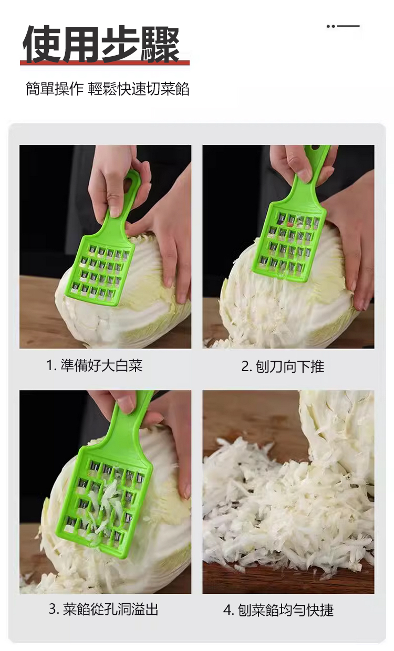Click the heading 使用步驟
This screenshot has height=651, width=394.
point(101,44)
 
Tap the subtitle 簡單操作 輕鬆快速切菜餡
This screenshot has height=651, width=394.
point(107,89)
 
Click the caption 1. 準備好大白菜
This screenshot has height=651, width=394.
point(94,365)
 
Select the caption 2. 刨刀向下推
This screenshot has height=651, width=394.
point(282,366)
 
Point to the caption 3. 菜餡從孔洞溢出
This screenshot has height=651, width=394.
point(103,609)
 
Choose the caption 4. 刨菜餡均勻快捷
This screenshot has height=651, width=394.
point(278,610)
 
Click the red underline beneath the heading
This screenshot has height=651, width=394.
point(105,63)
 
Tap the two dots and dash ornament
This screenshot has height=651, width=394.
point(343,26)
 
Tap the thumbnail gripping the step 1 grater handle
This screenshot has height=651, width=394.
point(115,211)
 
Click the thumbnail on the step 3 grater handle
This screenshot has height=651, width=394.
point(127,405)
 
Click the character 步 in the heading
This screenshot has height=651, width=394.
point(120,44)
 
